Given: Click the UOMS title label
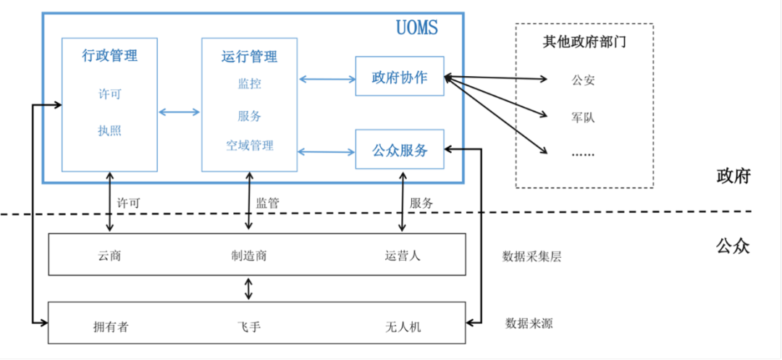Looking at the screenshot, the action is [417, 28].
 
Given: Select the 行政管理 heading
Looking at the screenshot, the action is [110, 55].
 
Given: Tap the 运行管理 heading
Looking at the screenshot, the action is [249, 56].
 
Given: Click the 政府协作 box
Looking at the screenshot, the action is [400, 76].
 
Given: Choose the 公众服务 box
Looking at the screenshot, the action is [400, 149].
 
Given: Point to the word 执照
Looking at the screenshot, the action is [110, 131].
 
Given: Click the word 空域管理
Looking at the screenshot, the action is [249, 146].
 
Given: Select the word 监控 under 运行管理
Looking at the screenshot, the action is [249, 84].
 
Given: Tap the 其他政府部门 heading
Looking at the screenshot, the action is [584, 42].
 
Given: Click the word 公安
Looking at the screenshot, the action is [583, 80].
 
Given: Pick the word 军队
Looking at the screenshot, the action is [583, 117].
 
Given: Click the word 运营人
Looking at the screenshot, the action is [403, 256].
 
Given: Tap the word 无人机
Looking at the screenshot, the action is [403, 327].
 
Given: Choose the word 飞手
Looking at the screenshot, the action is [249, 327].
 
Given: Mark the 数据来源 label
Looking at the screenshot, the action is [529, 324].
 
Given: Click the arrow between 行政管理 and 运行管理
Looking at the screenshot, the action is [179, 113].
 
